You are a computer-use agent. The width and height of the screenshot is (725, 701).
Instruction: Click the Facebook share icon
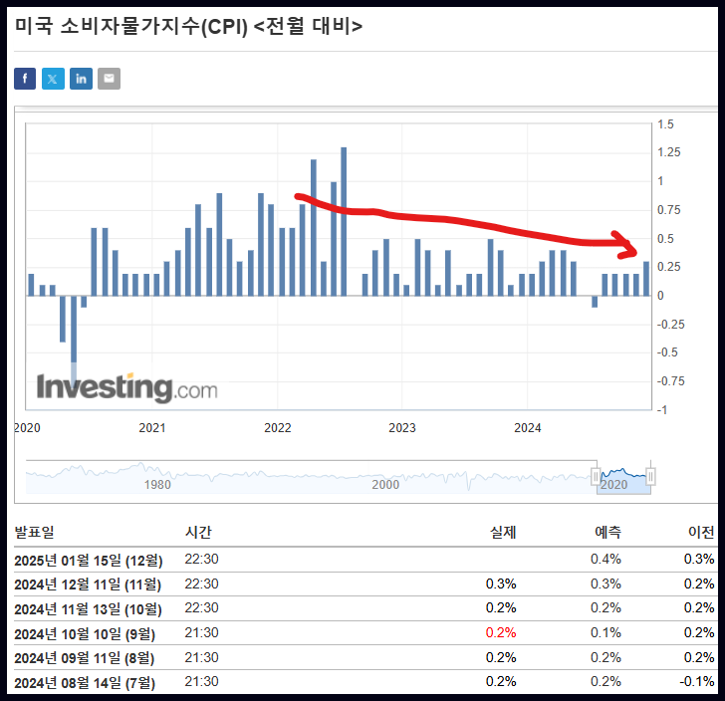(x=25, y=79)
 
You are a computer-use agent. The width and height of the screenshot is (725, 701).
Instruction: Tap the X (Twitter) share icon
(x=53, y=79)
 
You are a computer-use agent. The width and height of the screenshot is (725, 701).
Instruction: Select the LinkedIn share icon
(x=81, y=79)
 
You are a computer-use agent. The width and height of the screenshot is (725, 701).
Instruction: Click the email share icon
(x=109, y=79)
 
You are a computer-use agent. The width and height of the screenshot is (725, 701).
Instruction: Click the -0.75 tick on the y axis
(x=669, y=381)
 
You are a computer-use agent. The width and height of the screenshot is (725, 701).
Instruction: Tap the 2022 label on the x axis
(x=277, y=428)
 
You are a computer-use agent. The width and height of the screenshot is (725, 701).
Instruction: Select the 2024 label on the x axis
(x=527, y=428)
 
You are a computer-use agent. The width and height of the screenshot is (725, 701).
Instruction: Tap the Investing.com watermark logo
(x=126, y=387)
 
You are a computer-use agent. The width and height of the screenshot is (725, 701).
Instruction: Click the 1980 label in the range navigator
(x=157, y=484)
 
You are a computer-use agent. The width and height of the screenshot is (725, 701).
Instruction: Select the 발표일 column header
(x=34, y=533)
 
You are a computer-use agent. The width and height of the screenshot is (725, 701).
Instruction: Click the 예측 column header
(x=607, y=533)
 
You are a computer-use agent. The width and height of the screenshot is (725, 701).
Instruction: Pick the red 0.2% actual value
(x=501, y=632)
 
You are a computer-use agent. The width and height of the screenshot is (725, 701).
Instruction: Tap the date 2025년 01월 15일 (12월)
(x=88, y=560)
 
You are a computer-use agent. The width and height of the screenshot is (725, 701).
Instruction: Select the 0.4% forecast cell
(x=607, y=560)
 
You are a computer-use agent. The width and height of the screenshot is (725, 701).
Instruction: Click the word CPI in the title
(x=224, y=27)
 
